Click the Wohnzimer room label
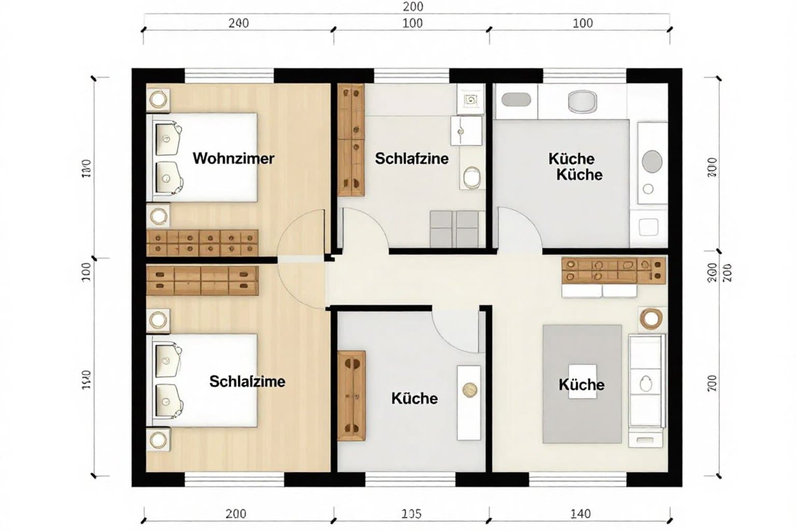point(233,158)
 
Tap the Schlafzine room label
point(411,158)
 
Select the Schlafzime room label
point(247,382)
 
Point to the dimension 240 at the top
point(238,23)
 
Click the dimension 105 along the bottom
point(411,514)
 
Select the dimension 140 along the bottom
point(580,514)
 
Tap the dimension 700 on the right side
point(712,383)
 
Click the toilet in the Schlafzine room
point(471,177)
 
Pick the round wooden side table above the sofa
point(650,318)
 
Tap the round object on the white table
point(470,389)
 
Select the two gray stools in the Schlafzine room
point(454,229)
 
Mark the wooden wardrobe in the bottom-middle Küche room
point(351,396)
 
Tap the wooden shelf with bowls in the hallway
point(614,271)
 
